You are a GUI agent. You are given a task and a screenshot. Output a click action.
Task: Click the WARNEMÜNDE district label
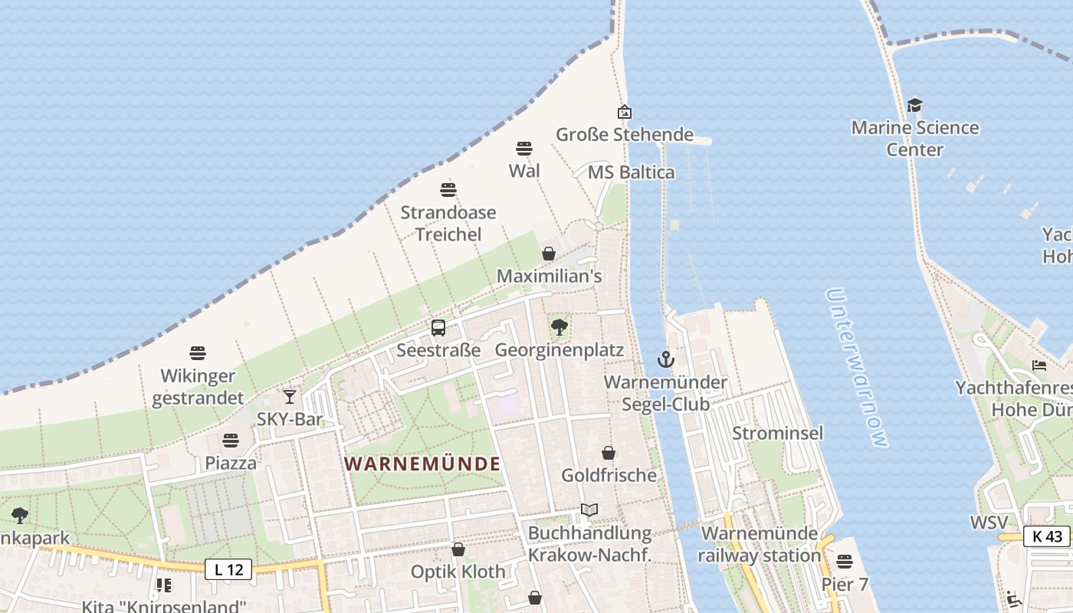[422, 464]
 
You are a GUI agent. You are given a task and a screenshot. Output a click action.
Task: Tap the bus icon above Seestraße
[438, 328]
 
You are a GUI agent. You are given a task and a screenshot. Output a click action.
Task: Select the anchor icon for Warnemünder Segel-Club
[666, 359]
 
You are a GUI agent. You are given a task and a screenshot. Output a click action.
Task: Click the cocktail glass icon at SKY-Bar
[290, 397]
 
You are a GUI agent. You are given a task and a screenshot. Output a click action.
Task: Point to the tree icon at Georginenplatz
[559, 328]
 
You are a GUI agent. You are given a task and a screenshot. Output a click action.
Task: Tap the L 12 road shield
[228, 569]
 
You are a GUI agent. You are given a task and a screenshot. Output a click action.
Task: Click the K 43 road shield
[1047, 536]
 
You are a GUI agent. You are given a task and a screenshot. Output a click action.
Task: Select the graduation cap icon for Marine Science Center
[914, 105]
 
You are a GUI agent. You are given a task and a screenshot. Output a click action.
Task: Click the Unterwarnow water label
[858, 368]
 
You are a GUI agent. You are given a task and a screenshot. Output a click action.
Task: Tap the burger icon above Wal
[524, 148]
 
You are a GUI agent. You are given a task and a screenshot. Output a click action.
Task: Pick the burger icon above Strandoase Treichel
[448, 189]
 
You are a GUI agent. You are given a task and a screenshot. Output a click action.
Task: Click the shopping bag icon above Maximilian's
[549, 254]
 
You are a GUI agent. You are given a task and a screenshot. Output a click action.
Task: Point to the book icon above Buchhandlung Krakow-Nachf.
[589, 510]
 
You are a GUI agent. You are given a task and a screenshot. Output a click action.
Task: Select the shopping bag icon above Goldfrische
[609, 453]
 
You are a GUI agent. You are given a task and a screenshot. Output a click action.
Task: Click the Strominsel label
[777, 433]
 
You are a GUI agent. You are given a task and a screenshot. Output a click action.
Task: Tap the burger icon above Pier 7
[845, 562]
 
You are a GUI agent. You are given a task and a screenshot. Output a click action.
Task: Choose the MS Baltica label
[631, 172]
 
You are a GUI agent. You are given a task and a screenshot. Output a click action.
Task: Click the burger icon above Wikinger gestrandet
[198, 353]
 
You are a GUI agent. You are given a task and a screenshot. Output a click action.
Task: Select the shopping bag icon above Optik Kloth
[458, 549]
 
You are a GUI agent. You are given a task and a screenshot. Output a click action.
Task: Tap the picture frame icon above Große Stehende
[625, 112]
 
